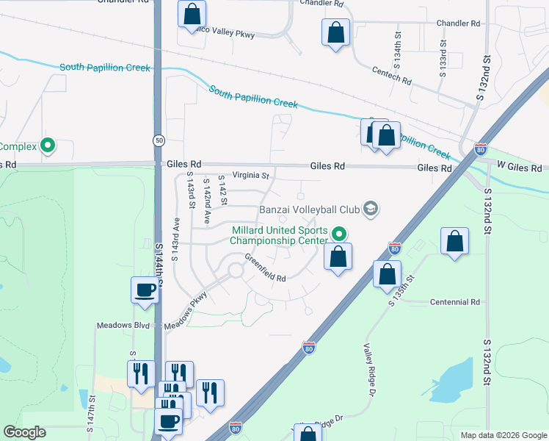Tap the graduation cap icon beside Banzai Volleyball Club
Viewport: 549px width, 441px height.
371,209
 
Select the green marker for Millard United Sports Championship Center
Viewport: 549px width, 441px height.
339,234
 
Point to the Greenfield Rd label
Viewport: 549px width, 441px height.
265,268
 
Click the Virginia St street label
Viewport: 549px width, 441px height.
251,176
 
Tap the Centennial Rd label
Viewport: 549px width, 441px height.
454,302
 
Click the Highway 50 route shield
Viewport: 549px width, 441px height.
159,140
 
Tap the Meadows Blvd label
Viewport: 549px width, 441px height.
123,325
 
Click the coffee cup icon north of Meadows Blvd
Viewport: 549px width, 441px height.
144,289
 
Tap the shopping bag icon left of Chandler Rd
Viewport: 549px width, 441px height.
335,32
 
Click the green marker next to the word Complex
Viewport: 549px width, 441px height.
48,146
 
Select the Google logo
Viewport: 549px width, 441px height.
24,433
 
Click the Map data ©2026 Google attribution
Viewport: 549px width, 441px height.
503,435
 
